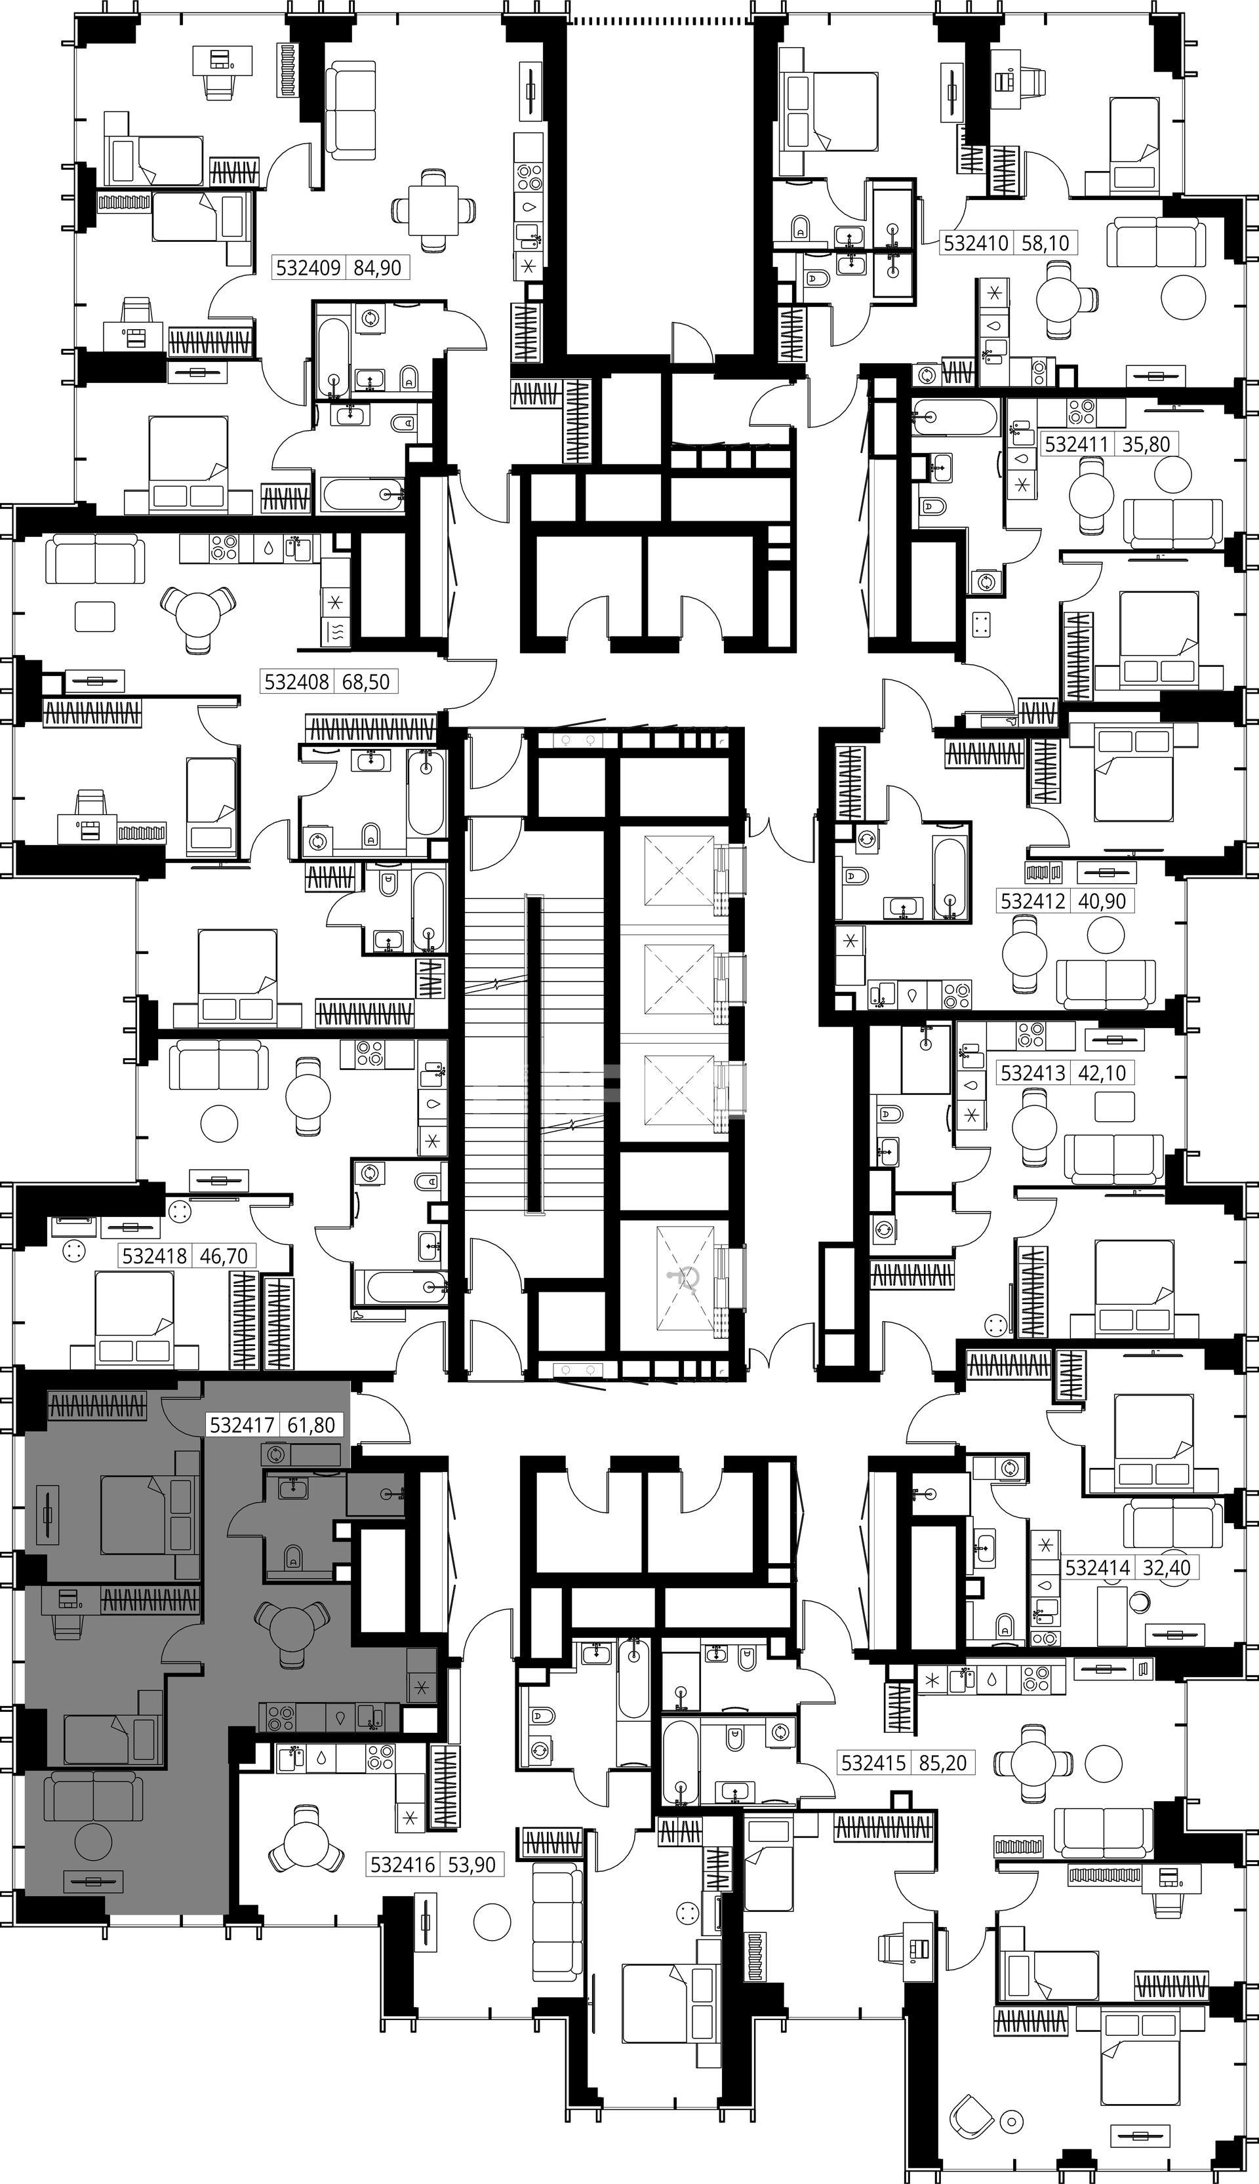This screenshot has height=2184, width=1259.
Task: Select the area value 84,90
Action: click(x=378, y=268)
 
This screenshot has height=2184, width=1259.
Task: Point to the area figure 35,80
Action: click(x=1146, y=445)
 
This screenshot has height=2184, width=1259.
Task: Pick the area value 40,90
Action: click(x=1102, y=901)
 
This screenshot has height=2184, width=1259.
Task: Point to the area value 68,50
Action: click(x=366, y=682)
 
